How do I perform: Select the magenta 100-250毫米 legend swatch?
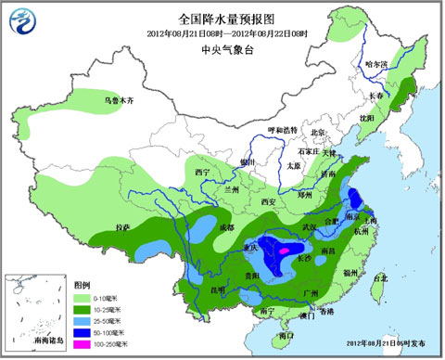tap(82, 343)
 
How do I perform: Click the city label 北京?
tap(318, 133)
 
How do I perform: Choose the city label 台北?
tap(379, 276)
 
